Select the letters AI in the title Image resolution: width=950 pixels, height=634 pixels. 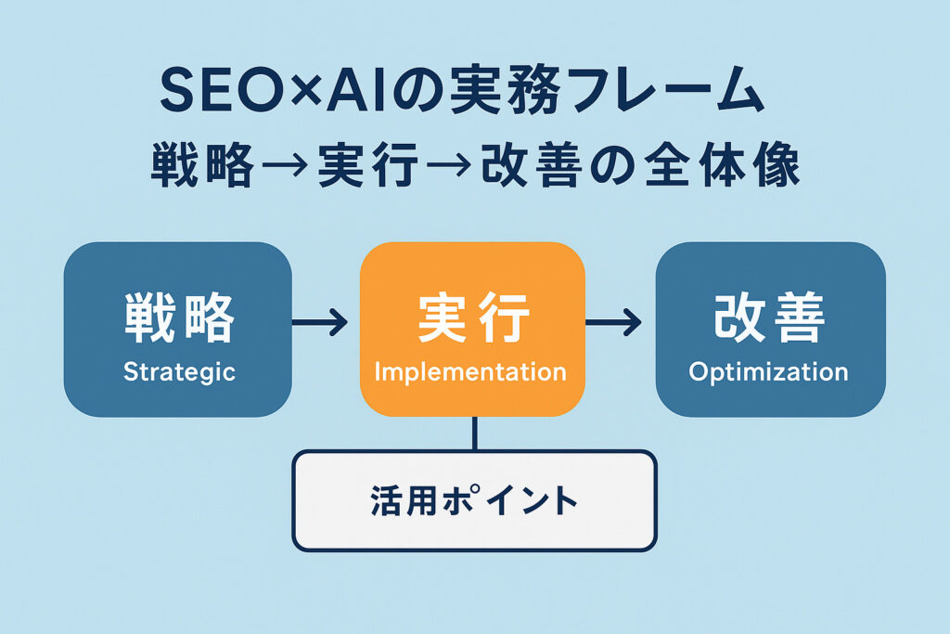pos(355,90)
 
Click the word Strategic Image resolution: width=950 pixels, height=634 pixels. pos(179,372)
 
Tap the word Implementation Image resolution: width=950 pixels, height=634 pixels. pos(470,371)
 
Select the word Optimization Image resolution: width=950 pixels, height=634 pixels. pos(768,371)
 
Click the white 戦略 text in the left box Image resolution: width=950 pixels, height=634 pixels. pos(179,317)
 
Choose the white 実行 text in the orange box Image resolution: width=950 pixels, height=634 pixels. pos(472,317)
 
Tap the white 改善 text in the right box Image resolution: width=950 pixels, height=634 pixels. pos(769,317)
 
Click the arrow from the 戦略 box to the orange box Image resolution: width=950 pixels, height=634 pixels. pos(319,322)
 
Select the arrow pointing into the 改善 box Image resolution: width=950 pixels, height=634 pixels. pos(612,322)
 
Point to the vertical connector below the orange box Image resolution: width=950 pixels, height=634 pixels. pos(474,433)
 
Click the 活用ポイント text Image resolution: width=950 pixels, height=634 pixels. pos(474,500)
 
